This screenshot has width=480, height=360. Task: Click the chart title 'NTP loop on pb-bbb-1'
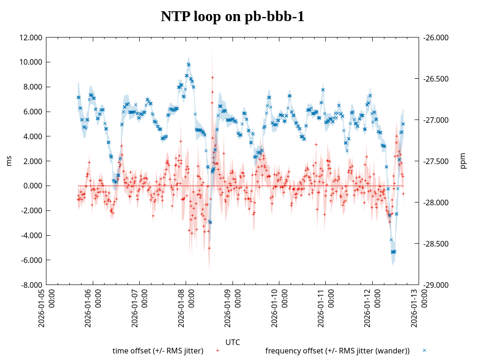[232, 17]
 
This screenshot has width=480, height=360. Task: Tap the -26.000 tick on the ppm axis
[436, 37]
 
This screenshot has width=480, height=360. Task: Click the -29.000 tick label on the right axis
[436, 285]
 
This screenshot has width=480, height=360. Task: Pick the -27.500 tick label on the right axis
[436, 161]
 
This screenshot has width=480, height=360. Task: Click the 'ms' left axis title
[9, 161]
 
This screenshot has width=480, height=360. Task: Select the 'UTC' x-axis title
[232, 342]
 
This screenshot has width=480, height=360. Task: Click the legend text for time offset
[157, 351]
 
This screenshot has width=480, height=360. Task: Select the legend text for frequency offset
[337, 351]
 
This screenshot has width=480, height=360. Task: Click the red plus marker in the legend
[217, 351]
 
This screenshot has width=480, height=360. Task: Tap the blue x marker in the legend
[424, 351]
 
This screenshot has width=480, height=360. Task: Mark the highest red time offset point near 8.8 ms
[212, 77]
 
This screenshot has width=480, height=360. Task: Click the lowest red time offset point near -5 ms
[209, 248]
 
